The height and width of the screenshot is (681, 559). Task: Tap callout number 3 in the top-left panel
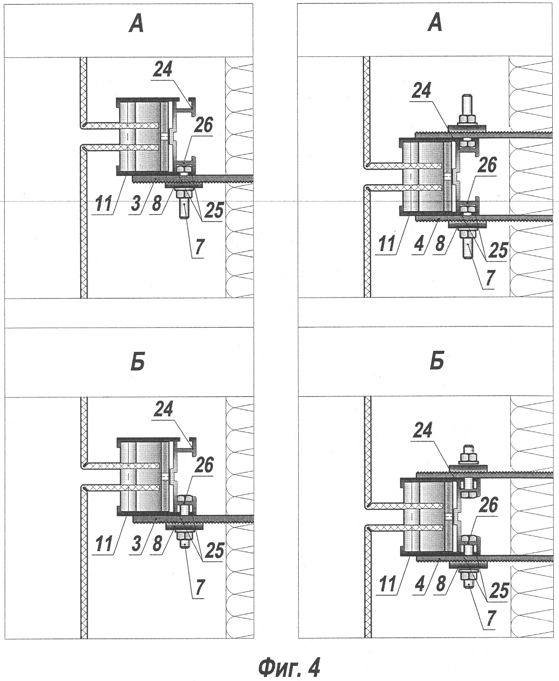[136, 203]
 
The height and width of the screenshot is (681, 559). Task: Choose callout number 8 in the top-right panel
[440, 243]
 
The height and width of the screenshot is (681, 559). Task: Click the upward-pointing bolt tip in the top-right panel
[467, 97]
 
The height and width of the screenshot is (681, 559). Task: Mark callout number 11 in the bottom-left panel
[104, 543]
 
